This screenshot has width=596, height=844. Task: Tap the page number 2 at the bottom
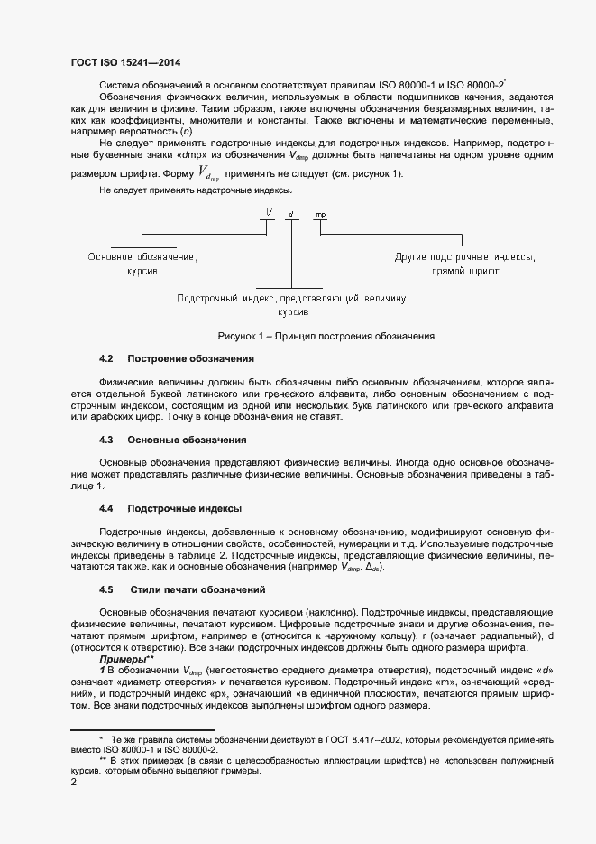tap(73, 783)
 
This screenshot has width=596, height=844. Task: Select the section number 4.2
tap(106, 359)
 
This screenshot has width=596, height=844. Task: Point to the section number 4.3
tap(106, 440)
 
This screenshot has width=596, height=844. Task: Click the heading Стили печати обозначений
tap(197, 589)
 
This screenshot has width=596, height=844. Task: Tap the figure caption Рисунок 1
tap(326, 337)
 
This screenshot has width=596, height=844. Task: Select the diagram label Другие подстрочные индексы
tap(464, 257)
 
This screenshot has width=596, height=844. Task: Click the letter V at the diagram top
tap(270, 214)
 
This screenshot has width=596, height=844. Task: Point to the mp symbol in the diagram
tap(320, 215)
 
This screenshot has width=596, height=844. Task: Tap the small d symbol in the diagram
tap(290, 215)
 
